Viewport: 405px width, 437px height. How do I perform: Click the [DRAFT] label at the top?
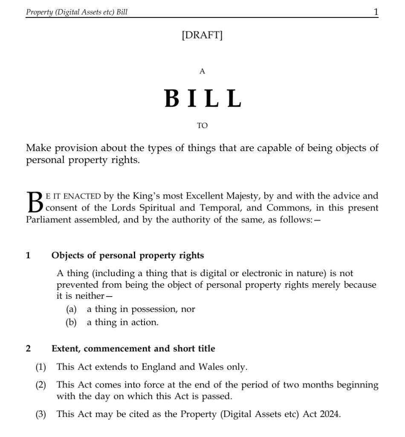tap(202, 35)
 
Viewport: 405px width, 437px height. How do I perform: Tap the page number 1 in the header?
tap(376, 12)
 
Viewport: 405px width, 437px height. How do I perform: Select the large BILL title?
tap(202, 99)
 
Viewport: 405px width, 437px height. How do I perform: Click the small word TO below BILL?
tap(202, 125)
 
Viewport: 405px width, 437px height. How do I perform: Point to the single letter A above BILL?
tap(202, 72)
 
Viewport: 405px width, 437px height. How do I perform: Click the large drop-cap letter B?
tap(34, 202)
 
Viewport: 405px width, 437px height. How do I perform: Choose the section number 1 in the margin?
tap(28, 256)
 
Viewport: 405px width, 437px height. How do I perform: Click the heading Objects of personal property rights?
tap(127, 256)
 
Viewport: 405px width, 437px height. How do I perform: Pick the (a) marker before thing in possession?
tap(71, 309)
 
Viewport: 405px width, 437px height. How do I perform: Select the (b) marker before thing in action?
tap(71, 323)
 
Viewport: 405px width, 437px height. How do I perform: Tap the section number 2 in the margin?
tap(28, 349)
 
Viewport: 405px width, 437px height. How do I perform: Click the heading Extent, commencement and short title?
tap(133, 349)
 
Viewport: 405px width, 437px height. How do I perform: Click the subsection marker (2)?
tap(40, 385)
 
